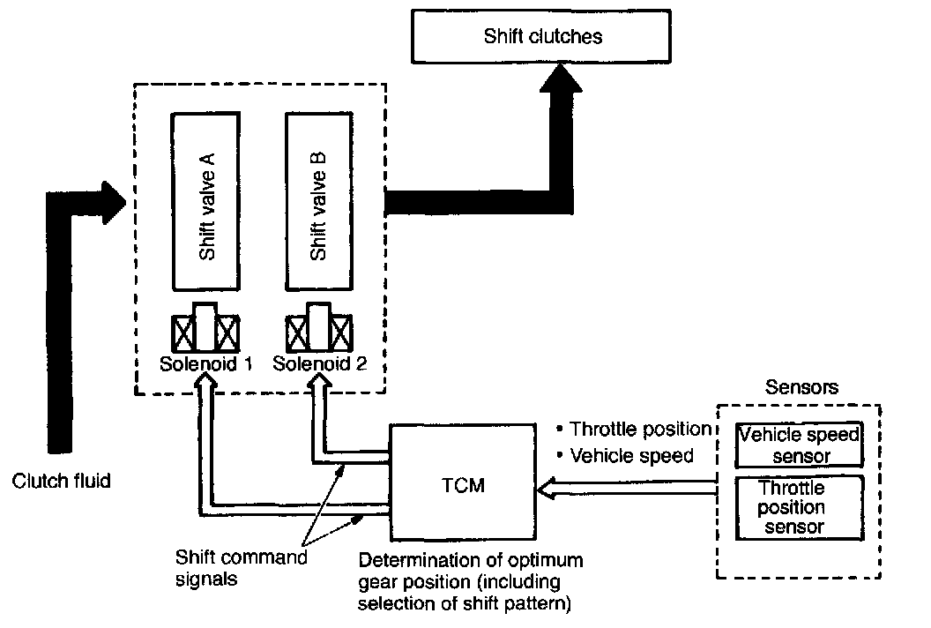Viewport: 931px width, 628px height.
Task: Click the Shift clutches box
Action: point(544,37)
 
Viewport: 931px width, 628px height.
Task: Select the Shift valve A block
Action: point(207,203)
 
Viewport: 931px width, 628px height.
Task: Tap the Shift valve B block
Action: point(320,203)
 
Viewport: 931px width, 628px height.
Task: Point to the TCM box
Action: point(461,485)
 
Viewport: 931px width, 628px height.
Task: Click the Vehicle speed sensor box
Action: point(799,445)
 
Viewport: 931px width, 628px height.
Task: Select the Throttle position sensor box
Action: point(799,507)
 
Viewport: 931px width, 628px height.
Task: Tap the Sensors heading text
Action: point(801,387)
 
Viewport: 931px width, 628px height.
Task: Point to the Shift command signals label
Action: point(241,566)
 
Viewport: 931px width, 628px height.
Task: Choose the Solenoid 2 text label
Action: point(319,363)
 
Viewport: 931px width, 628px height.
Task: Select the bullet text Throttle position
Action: point(640,429)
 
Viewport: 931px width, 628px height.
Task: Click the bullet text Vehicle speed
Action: point(631,456)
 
